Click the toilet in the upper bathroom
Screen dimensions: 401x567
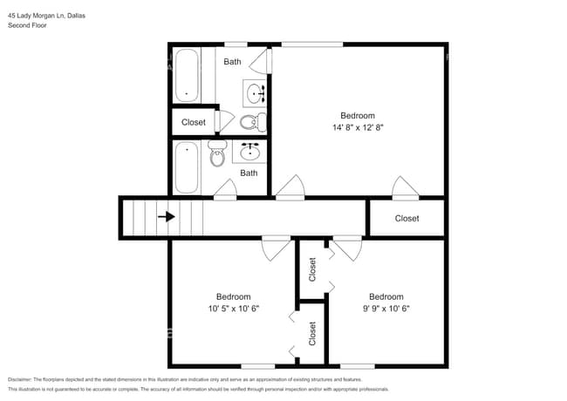252,121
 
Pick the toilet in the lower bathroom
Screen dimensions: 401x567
217,154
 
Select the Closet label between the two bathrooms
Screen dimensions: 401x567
194,122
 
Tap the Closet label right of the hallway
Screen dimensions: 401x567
406,218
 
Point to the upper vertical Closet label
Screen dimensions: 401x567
312,269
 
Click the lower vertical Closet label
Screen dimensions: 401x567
312,333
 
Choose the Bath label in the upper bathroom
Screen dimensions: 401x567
232,62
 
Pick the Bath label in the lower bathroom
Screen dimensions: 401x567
249,173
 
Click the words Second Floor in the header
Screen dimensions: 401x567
28,25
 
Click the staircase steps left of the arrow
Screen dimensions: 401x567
138,217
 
